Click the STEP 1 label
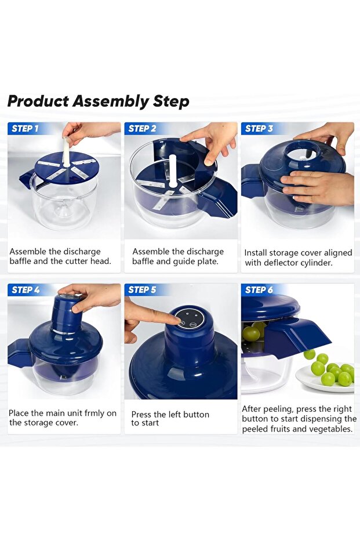[25, 129]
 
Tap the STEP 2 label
[142, 129]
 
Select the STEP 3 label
[259, 129]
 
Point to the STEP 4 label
[26, 290]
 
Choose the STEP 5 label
[142, 290]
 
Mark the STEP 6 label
[259, 290]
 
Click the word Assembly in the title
[110, 102]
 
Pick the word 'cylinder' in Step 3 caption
[317, 263]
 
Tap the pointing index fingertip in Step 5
[177, 321]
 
